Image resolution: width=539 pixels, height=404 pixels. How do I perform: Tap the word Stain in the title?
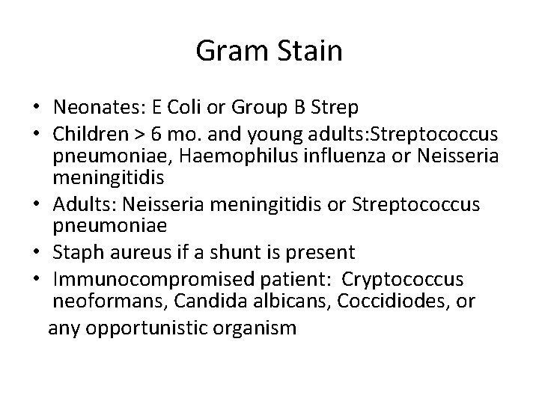click(x=308, y=52)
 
